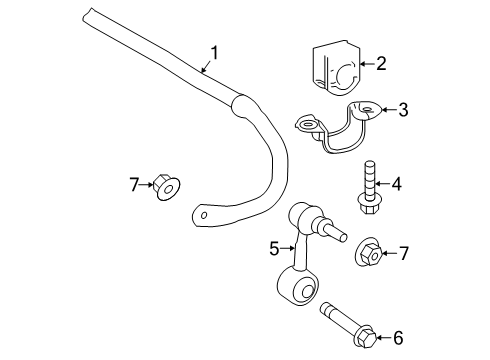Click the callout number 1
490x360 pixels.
[x=213, y=52]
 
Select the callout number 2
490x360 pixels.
[x=380, y=64]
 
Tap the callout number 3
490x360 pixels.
[x=402, y=110]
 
